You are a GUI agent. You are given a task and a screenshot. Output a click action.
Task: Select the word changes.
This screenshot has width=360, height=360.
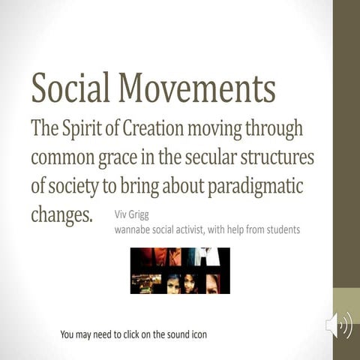(x=61, y=215)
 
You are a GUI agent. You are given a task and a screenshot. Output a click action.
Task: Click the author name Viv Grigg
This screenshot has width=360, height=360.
(x=132, y=214)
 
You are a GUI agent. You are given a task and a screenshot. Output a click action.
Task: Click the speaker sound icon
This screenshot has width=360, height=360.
(x=339, y=326)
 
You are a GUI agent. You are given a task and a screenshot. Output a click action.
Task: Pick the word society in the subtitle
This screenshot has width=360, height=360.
(x=77, y=187)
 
